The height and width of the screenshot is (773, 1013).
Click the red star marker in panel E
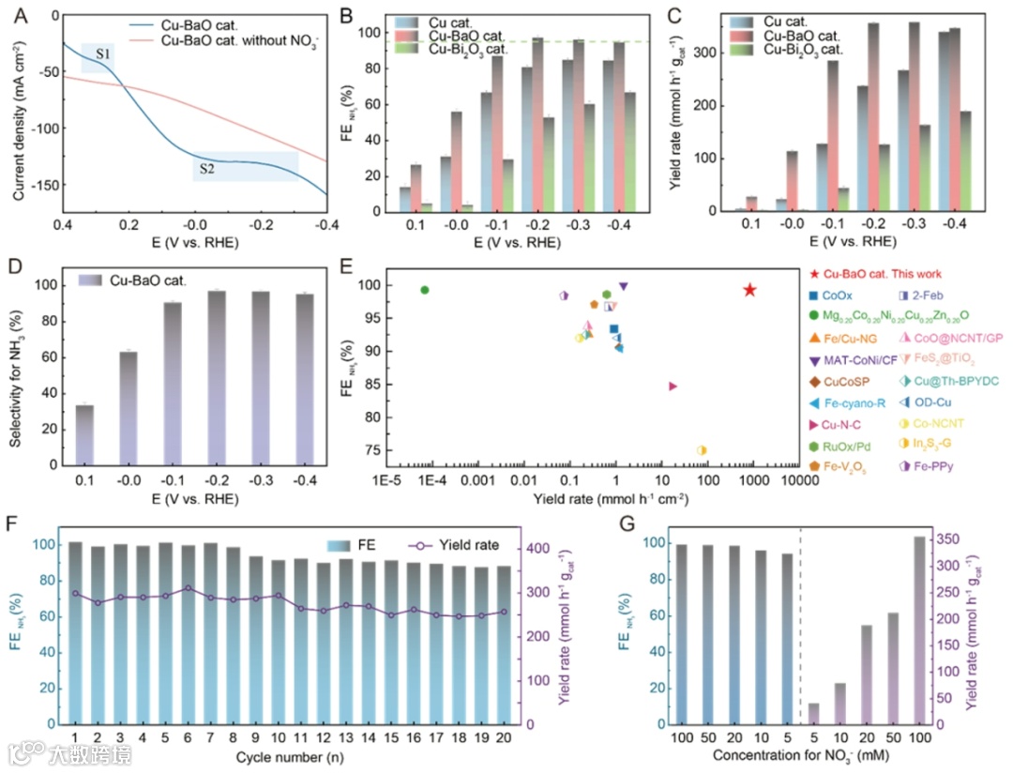[749, 290]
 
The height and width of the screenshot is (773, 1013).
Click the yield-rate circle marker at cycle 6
[189, 588]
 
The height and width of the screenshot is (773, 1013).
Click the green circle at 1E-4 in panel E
[425, 290]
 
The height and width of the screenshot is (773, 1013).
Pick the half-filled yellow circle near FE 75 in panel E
[702, 450]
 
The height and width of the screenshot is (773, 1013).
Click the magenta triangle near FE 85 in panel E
[673, 386]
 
